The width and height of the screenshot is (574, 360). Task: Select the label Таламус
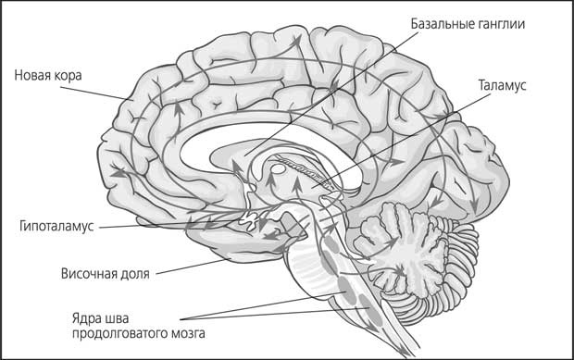point(503,85)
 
